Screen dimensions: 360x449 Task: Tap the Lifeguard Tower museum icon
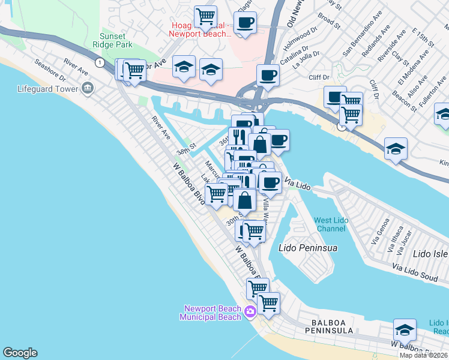(88, 88)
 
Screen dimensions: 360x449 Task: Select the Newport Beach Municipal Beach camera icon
(250, 310)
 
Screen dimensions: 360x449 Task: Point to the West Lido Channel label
(331, 224)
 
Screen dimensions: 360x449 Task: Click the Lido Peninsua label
(309, 247)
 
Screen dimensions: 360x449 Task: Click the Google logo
(20, 353)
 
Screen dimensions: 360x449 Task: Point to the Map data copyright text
(423, 355)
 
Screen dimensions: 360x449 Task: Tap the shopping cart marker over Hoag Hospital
(206, 16)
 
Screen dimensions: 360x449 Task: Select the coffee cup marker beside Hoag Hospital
(244, 23)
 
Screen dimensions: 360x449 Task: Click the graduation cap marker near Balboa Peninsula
(405, 331)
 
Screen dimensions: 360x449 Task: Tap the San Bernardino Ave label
(361, 41)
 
